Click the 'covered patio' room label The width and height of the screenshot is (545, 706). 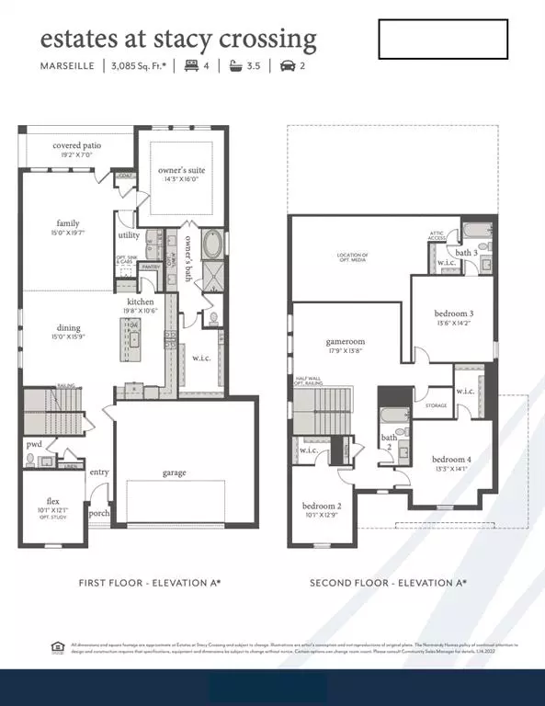click(76, 145)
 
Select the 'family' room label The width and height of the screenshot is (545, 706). click(67, 223)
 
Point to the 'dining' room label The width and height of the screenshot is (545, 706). click(68, 328)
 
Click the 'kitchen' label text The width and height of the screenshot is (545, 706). click(140, 302)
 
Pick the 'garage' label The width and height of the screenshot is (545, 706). click(175, 473)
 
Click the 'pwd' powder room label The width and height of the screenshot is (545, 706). click(34, 444)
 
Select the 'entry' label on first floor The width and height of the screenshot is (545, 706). click(99, 473)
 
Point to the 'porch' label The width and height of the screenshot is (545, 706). click(99, 513)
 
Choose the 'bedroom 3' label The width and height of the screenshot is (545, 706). click(454, 314)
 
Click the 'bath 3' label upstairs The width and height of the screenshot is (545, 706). click(466, 252)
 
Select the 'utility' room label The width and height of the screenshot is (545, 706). click(129, 236)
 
